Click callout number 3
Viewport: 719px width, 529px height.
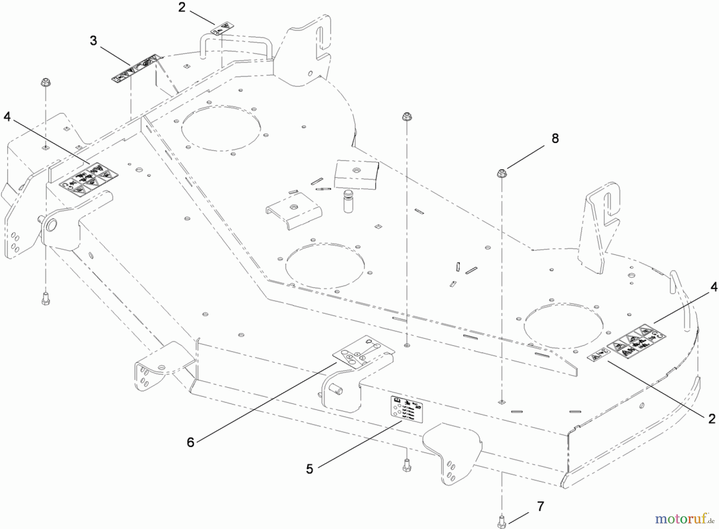tap(93, 41)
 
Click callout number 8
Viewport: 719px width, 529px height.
tap(555, 139)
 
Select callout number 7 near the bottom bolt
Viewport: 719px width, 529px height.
tap(540, 507)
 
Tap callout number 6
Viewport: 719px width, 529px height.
tap(191, 442)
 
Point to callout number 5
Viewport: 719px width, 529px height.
tap(310, 469)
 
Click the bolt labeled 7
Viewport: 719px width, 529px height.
tap(502, 521)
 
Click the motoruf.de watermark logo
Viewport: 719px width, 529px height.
tap(684, 519)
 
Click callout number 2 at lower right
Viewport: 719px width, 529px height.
tap(712, 418)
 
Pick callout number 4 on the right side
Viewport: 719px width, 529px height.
tap(714, 287)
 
